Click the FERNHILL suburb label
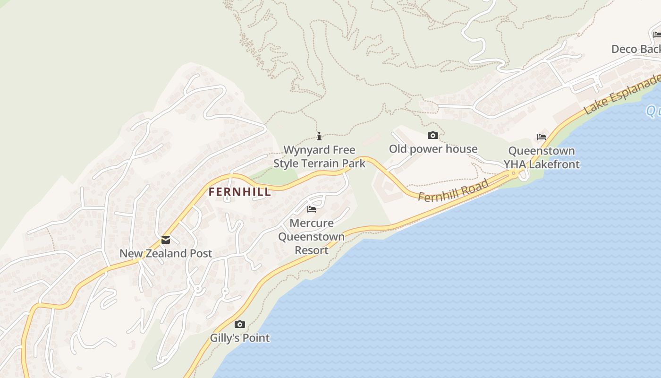[240, 192]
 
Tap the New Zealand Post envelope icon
[166, 240]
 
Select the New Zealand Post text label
[166, 253]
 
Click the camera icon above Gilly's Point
[240, 325]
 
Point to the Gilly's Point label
[240, 338]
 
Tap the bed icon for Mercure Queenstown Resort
[312, 209]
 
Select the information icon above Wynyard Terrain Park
[319, 137]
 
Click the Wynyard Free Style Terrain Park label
[320, 157]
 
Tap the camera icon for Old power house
[433, 136]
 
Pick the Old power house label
[433, 149]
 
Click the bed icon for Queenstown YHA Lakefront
[542, 137]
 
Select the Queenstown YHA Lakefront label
[542, 158]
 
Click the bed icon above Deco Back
[657, 34]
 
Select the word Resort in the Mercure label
[312, 250]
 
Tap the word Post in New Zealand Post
[202, 253]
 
